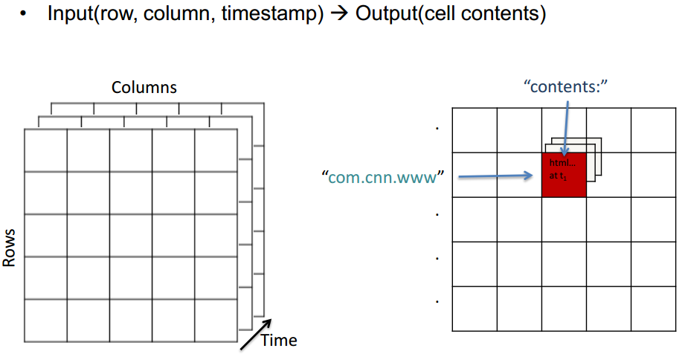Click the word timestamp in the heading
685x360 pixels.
[284, 14]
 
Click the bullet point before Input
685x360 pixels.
[25, 15]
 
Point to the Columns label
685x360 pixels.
[144, 87]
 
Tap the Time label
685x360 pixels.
[279, 341]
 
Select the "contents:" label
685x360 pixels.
[566, 86]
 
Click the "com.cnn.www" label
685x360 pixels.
[382, 177]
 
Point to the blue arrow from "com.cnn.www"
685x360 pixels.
[495, 176]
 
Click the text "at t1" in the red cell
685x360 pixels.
[559, 176]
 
